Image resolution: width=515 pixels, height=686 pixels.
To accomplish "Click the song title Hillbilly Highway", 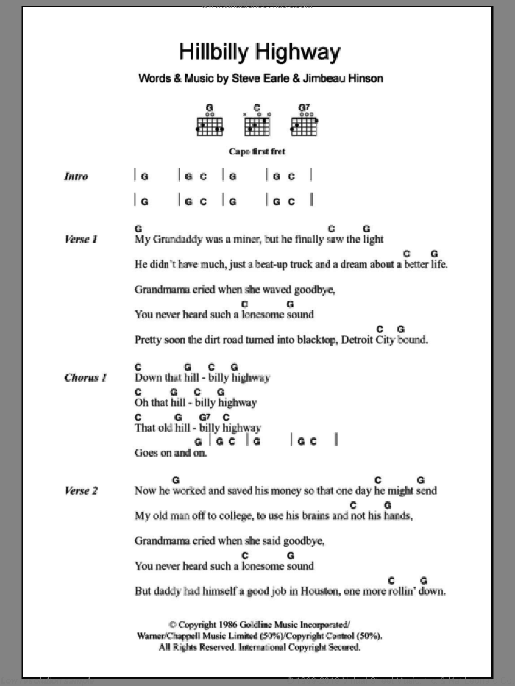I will [260, 52].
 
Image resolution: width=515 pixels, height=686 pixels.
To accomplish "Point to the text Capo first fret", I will [257, 151].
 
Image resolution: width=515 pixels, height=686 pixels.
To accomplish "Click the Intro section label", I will [76, 176].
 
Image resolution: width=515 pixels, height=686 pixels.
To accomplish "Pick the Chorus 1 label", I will [85, 378].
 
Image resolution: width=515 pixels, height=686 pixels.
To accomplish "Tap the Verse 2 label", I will [81, 490].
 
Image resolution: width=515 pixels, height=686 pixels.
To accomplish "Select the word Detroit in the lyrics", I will [354, 340].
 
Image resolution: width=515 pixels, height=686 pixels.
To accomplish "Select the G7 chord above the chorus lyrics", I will [205, 417].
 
